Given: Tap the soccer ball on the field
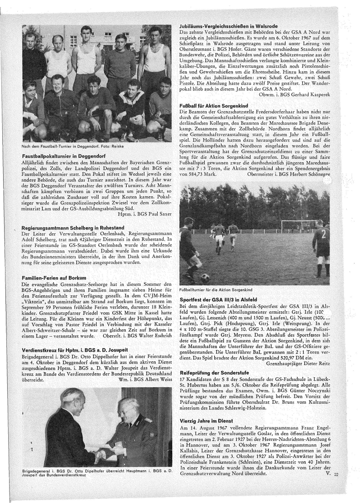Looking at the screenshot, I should pyautogui.click(x=206, y=277).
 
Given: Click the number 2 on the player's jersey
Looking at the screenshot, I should pyautogui.click(x=322, y=236).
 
